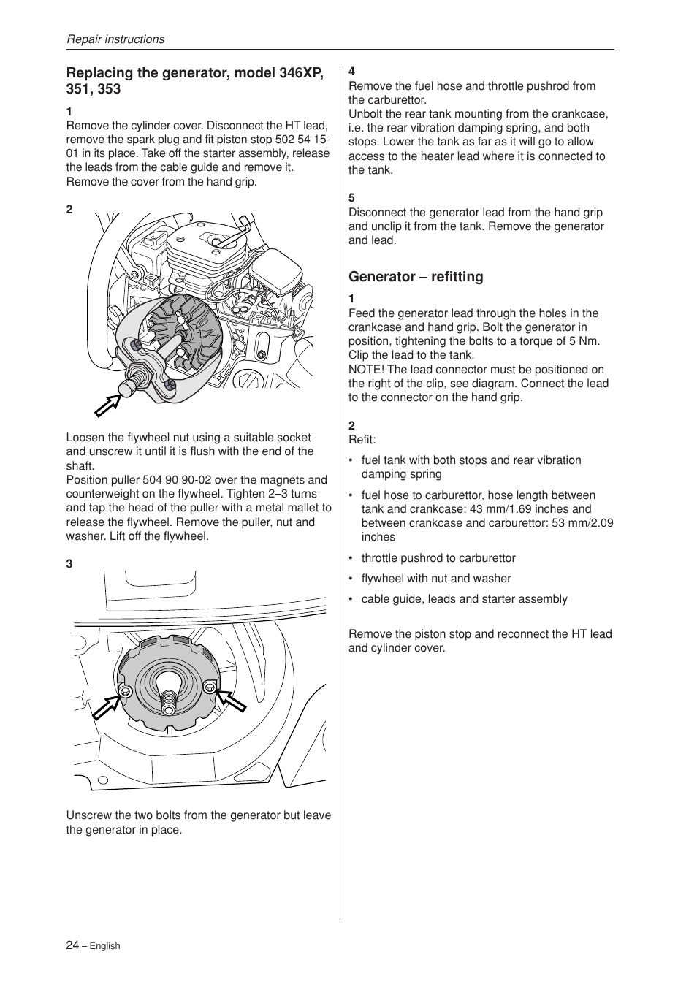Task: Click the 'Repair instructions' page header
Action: (x=115, y=39)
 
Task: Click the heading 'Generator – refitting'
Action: (x=416, y=277)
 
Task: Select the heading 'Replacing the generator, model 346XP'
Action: (x=194, y=73)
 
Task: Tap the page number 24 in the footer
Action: (x=72, y=945)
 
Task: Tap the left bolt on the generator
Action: (x=125, y=691)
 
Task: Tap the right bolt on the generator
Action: (x=210, y=686)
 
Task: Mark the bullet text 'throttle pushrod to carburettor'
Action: (x=438, y=558)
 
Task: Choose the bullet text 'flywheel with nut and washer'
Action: (x=436, y=579)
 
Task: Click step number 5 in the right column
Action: (x=351, y=198)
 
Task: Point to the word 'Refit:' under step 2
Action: (x=362, y=440)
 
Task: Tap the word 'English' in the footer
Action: (x=104, y=946)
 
